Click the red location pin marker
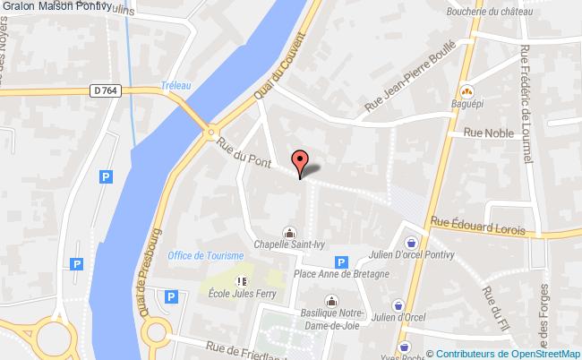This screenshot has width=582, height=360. [300, 162]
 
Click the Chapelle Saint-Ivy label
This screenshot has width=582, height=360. [289, 242]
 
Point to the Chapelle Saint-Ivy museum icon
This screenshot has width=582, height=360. [289, 229]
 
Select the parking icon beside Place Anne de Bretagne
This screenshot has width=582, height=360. [340, 262]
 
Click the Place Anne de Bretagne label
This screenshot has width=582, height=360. [342, 274]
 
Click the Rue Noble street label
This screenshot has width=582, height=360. [485, 132]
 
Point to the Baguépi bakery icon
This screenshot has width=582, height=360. [466, 90]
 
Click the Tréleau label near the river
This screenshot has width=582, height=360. [176, 85]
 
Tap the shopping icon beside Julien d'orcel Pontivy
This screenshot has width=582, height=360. [411, 242]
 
